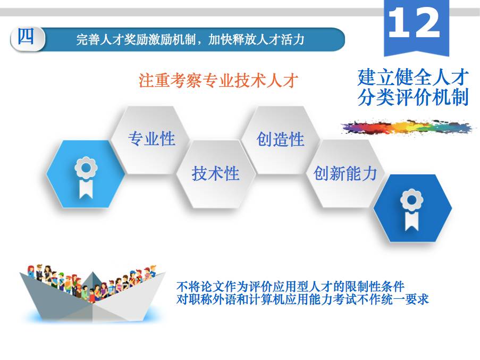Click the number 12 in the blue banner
(x=414, y=22)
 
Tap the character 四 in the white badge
(x=26, y=37)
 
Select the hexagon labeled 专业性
(x=151, y=139)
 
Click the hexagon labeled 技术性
(x=215, y=173)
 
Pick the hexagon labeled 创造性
(x=280, y=139)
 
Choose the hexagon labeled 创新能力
(x=345, y=173)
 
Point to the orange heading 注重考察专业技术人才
(x=218, y=80)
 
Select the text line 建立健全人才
(x=413, y=77)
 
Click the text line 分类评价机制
(x=413, y=97)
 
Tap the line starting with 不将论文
(x=290, y=287)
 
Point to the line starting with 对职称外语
(x=302, y=299)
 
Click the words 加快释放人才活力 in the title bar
(x=256, y=39)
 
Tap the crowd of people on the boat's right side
(x=129, y=284)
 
